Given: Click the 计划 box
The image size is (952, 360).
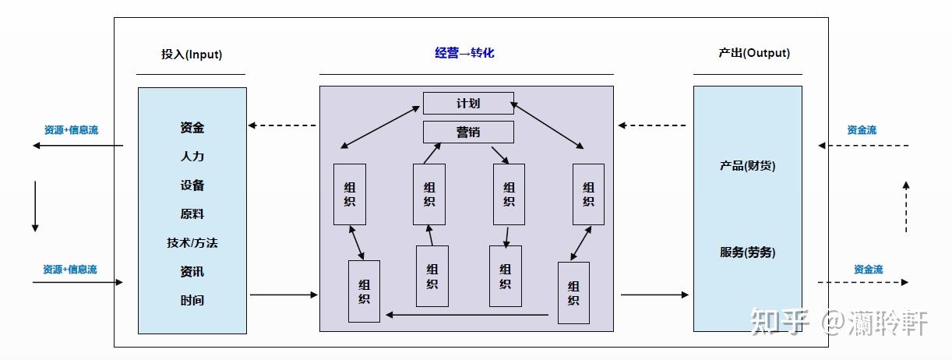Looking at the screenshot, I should click(x=468, y=103).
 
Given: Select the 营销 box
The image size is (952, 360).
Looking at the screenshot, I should click(x=468, y=132).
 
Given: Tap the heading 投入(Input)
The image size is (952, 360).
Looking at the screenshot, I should click(x=191, y=55).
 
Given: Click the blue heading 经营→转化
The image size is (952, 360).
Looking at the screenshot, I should click(x=464, y=53).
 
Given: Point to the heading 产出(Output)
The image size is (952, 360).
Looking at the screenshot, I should click(x=753, y=53).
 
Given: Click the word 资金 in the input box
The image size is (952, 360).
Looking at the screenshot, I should click(x=192, y=128).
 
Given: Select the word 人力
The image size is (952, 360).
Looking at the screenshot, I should click(x=192, y=157).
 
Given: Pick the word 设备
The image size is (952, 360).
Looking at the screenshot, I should click(x=192, y=185).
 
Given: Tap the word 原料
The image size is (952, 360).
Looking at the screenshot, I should click(x=192, y=214).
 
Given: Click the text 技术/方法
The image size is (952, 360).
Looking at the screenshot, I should click(x=192, y=243).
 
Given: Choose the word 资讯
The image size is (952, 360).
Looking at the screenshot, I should click(x=192, y=272).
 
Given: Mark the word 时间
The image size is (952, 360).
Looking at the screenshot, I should click(x=192, y=301).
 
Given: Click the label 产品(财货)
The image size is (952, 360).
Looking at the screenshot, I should click(x=747, y=166).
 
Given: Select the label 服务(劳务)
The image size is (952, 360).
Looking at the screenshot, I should click(x=747, y=252).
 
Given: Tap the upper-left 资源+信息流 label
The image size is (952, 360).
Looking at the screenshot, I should click(x=71, y=130).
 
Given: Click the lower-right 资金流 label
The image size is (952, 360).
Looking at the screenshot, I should click(x=868, y=270).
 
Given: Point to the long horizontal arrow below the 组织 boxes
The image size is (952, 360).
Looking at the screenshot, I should click(x=468, y=315).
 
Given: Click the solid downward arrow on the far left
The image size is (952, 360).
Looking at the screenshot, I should click(x=34, y=206).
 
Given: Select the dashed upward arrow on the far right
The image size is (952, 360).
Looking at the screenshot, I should click(x=906, y=206).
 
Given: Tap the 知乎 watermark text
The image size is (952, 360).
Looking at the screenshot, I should click(x=780, y=322).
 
